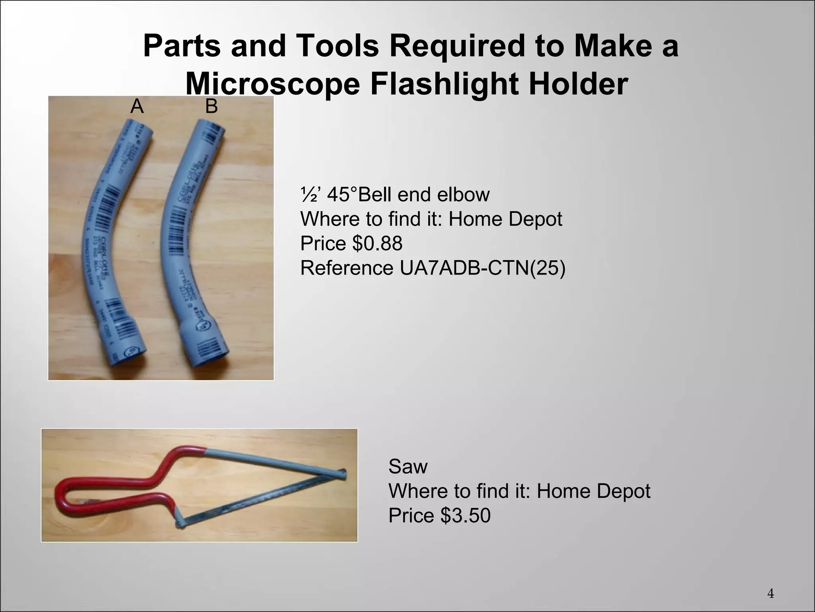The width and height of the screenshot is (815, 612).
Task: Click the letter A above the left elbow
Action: pyautogui.click(x=137, y=106)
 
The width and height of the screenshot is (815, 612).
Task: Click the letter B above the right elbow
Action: pyautogui.click(x=211, y=106)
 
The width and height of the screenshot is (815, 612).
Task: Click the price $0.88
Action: pyautogui.click(x=377, y=243)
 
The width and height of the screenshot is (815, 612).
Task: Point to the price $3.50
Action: pyautogui.click(x=465, y=515)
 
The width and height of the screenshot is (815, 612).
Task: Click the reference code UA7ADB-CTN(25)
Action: pyautogui.click(x=482, y=268)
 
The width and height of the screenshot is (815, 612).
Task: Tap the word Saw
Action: pyautogui.click(x=408, y=466)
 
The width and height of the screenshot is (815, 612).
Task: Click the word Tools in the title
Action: pyautogui.click(x=337, y=46)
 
